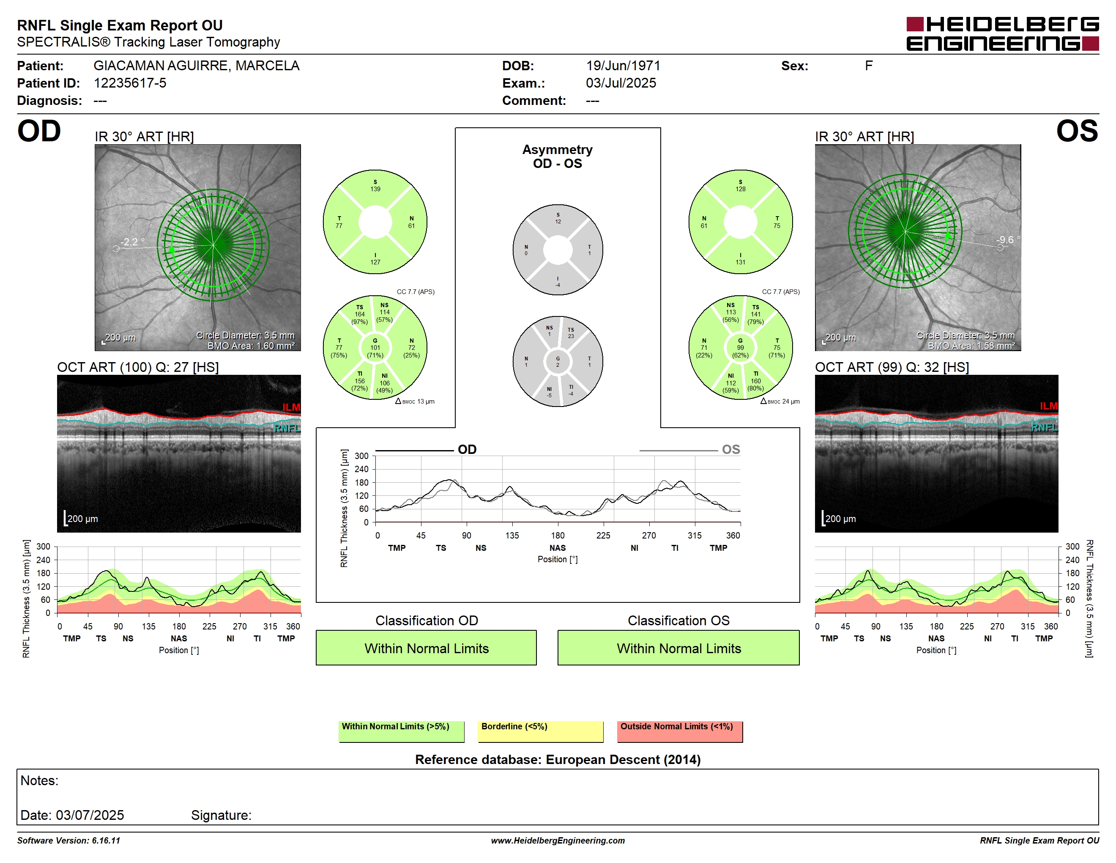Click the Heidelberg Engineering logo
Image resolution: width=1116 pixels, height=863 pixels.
[1003, 34]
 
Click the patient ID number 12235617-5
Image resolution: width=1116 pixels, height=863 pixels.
[130, 83]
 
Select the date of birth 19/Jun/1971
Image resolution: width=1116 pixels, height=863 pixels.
[623, 66]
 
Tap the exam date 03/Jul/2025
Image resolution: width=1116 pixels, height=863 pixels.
[621, 83]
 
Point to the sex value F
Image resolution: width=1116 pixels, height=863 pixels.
[869, 66]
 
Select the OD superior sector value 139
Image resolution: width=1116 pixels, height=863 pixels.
[375, 189]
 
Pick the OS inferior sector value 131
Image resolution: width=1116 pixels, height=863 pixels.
[741, 262]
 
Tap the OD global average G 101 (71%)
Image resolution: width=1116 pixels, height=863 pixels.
[375, 348]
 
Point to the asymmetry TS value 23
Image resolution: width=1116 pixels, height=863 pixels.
[571, 336]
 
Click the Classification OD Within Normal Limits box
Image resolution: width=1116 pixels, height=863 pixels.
[426, 648]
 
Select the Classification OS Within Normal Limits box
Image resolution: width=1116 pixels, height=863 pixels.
[678, 648]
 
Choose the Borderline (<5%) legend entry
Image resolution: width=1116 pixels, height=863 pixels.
[541, 731]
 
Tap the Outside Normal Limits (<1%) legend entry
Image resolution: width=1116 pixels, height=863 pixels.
[680, 731]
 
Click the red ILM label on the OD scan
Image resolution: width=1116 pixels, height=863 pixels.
[291, 407]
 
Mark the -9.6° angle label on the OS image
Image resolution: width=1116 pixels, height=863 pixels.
[1008, 240]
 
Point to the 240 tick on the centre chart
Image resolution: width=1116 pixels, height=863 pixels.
[361, 469]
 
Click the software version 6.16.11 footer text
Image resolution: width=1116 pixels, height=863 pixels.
[68, 841]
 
